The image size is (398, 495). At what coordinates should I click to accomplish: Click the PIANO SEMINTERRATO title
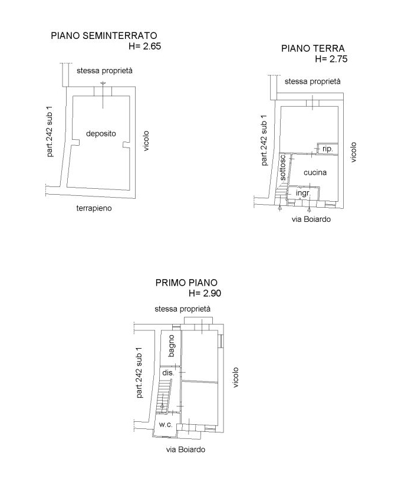pyautogui.click(x=104, y=35)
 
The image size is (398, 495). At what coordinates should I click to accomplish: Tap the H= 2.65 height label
pyautogui.click(x=145, y=46)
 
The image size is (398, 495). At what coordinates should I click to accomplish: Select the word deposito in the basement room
pyautogui.click(x=101, y=133)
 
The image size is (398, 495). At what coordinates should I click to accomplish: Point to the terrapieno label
pyautogui.click(x=94, y=208)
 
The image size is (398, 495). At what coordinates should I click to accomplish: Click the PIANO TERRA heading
pyautogui.click(x=313, y=48)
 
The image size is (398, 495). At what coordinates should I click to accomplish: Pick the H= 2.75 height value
pyautogui.click(x=331, y=59)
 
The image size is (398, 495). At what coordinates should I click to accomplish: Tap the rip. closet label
pyautogui.click(x=328, y=149)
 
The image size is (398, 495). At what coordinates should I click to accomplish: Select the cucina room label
pyautogui.click(x=315, y=172)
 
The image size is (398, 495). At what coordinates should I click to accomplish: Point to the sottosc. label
pyautogui.click(x=283, y=167)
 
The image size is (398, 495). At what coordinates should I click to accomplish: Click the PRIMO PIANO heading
pyautogui.click(x=186, y=283)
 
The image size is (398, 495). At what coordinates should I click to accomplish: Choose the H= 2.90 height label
pyautogui.click(x=205, y=293)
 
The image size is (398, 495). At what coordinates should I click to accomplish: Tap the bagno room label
pyautogui.click(x=171, y=346)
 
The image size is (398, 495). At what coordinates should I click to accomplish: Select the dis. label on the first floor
pyautogui.click(x=168, y=372)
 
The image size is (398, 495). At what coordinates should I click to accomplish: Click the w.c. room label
pyautogui.click(x=166, y=425)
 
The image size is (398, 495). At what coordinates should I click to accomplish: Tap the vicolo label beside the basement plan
pyautogui.click(x=146, y=141)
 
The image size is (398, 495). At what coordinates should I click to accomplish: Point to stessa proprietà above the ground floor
pyautogui.click(x=313, y=81)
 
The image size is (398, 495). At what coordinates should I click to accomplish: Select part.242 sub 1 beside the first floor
pyautogui.click(x=139, y=372)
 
